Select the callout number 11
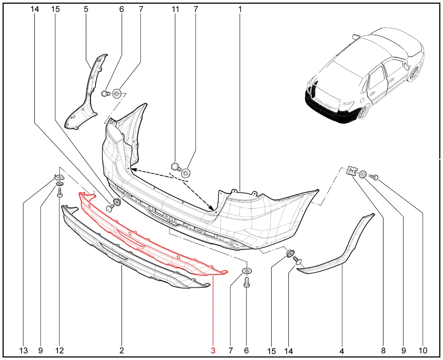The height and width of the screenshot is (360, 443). tap(175, 9)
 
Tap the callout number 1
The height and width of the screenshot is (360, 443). tap(240, 9)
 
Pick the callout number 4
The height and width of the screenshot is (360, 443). tap(342, 351)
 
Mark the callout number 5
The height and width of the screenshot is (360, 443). tap(86, 9)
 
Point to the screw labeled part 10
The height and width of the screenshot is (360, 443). tap(373, 177)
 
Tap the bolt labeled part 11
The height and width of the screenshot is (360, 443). tap(176, 167)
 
